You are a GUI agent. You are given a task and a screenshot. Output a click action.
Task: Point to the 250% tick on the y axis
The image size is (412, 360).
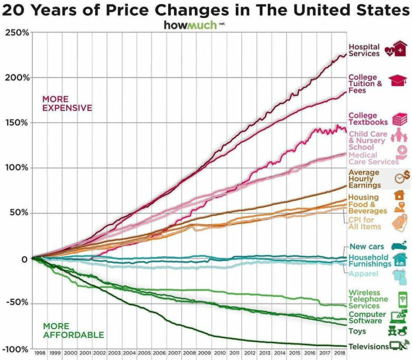coord(18,32)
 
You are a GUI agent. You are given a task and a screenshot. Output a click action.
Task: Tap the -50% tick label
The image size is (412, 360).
coord(17,303)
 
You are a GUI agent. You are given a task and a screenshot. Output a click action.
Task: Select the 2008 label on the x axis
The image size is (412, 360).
coord(189,353)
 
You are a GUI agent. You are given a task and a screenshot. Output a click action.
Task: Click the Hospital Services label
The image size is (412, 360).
coord(364,50)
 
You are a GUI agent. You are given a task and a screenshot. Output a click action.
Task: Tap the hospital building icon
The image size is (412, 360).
coord(399,49)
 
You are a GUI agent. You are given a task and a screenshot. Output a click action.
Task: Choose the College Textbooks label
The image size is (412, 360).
coord(367,119)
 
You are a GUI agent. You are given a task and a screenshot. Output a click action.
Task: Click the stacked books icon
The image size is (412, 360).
coord(399,119)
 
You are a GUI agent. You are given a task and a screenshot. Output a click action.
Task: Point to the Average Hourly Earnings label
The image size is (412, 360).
coord(364,179)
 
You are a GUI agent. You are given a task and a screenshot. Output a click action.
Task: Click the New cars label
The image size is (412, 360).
coord(366,246)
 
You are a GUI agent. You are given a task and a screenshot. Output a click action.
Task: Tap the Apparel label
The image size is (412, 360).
coord(363,274)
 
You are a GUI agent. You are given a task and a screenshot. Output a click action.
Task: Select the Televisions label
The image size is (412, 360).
coord(368,346)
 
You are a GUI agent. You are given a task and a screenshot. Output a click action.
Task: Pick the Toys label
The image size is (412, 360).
coord(357,331)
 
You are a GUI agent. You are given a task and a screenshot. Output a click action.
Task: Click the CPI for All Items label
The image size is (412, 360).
coord(364,223)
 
